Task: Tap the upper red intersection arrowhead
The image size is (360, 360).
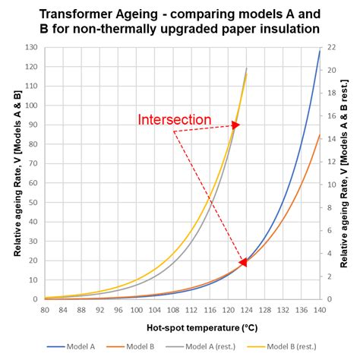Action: (235, 125)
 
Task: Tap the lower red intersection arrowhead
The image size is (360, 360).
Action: (244, 262)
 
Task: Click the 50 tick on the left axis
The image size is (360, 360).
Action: (35, 202)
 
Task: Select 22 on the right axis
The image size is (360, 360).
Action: (333, 48)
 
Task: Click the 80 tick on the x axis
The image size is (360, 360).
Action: (45, 309)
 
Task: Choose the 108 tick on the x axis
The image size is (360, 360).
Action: (174, 309)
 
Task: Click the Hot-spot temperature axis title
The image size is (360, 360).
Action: (183, 327)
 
